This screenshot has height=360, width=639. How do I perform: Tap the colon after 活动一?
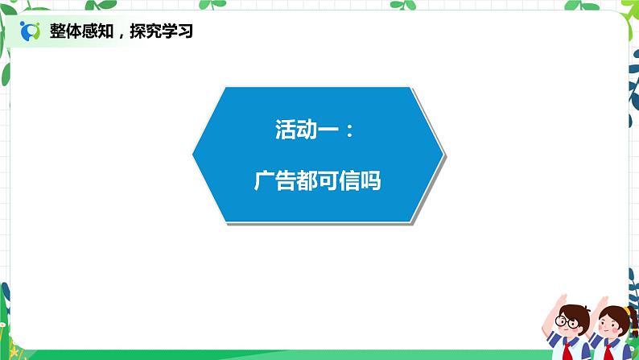[348, 130]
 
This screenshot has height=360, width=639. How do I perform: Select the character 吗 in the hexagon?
[370, 182]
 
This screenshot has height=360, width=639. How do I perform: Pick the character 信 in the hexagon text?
[349, 182]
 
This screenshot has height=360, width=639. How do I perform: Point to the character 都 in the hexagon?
[307, 182]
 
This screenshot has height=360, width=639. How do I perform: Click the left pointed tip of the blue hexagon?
[194, 152]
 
